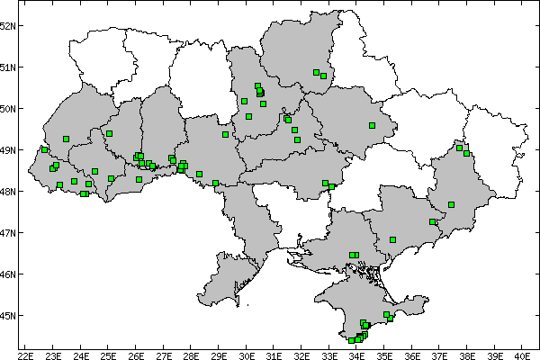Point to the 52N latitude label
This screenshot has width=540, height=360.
8,25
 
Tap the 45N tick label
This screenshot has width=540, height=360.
8,316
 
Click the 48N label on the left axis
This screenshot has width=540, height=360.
8,192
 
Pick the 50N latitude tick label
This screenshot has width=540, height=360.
8,109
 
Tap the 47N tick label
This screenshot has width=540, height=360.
8,233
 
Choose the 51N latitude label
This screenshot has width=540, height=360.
8,67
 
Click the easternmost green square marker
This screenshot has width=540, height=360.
467,153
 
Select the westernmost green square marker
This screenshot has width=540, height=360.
44,149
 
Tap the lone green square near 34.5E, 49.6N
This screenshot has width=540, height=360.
372,126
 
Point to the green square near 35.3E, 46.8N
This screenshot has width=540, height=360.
393,239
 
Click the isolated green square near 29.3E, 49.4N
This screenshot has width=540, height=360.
226,135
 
